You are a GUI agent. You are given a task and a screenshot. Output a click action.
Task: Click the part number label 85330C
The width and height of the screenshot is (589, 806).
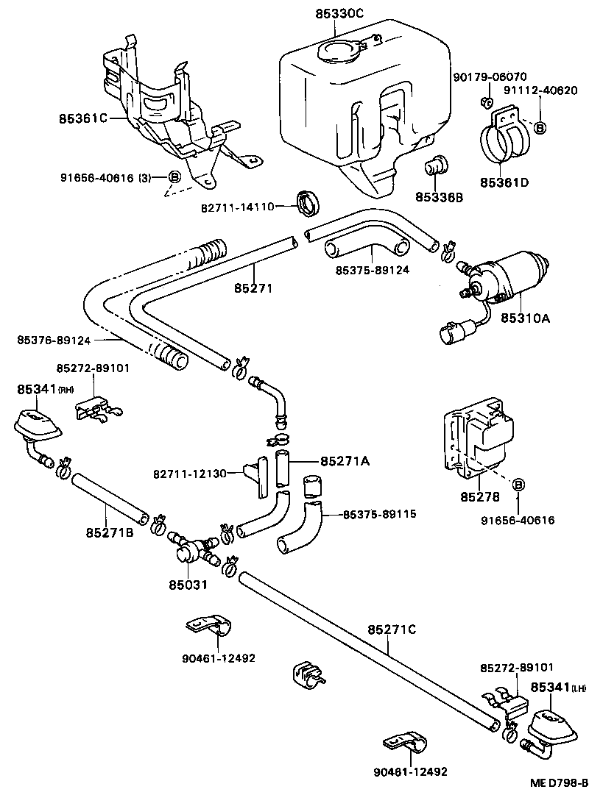point(336,13)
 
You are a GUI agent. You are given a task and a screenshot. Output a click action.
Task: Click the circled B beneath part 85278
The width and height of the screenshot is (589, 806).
point(518,485)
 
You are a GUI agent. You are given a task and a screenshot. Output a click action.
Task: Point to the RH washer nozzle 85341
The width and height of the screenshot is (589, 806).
point(35,424)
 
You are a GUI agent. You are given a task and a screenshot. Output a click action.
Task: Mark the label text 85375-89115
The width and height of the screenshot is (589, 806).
point(380,514)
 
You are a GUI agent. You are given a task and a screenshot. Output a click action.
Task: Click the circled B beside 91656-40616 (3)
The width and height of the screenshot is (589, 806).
point(175,176)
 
